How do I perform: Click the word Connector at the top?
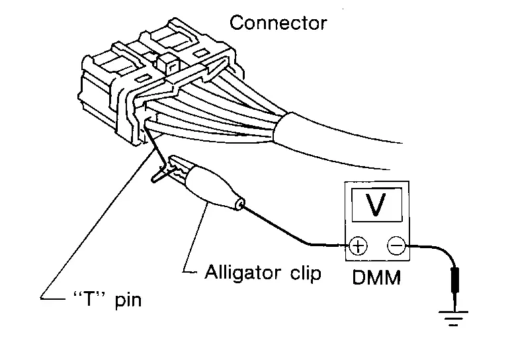(278, 23)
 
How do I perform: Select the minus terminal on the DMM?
(396, 246)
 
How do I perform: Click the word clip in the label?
(305, 272)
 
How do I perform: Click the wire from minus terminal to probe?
(430, 248)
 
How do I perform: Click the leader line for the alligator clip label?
(192, 238)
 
